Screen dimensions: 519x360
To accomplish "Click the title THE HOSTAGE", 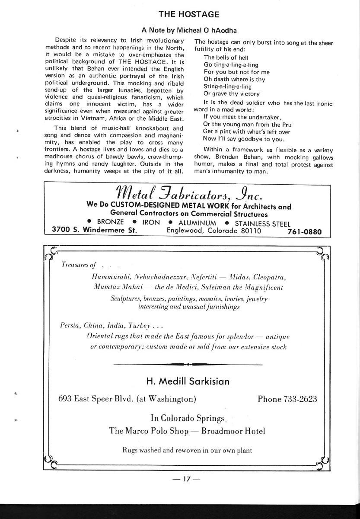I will pos(189,14).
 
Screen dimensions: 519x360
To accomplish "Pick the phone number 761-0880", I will pos(304,231).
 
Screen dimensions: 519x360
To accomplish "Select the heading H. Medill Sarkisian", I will pos(188,381).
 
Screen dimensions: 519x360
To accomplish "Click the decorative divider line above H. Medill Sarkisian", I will pos(187,365).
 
